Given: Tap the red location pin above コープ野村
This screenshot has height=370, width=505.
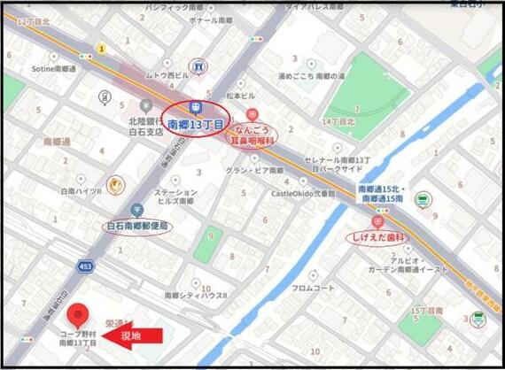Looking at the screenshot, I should [79, 314].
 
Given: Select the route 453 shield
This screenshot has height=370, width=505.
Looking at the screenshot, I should [85, 266].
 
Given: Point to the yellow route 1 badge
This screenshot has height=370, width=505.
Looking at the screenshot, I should [102, 49].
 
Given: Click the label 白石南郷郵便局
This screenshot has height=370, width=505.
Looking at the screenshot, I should [138, 226].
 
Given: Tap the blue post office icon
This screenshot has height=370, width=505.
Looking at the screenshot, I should [137, 210].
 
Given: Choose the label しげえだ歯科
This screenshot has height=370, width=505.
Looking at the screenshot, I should [374, 237].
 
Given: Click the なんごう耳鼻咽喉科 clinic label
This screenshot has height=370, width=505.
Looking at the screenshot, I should [252, 134].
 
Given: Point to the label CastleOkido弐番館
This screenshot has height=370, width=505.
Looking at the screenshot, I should [303, 192].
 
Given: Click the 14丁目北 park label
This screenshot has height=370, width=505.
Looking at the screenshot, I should [338, 121].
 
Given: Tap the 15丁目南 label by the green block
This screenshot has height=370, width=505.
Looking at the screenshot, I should [427, 311].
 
